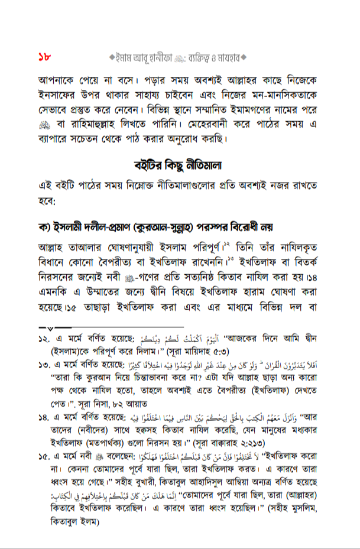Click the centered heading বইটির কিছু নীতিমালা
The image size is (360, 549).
[x=180, y=165]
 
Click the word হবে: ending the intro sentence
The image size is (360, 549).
[x=50, y=202]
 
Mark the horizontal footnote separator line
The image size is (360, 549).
[x=112, y=326]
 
